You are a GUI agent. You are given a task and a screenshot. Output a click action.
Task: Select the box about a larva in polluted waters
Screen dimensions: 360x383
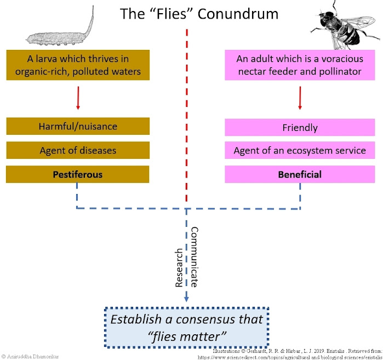[x=78, y=65]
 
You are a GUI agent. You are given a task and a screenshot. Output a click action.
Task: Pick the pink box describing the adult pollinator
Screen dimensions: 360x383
[x=300, y=65]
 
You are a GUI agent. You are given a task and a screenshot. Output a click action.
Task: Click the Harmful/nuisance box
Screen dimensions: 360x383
[x=78, y=127]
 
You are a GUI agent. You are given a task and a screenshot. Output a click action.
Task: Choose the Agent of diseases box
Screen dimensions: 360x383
[x=78, y=150]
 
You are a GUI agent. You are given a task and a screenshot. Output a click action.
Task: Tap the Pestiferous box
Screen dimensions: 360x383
[x=78, y=174]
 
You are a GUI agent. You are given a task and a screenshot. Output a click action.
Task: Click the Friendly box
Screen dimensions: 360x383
[x=300, y=127]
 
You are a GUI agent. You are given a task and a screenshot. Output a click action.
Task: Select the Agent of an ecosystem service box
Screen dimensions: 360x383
[x=300, y=151]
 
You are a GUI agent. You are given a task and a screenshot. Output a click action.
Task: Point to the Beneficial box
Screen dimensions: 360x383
[x=300, y=174]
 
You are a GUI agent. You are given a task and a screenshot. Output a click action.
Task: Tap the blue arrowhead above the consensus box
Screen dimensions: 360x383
[x=186, y=298]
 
